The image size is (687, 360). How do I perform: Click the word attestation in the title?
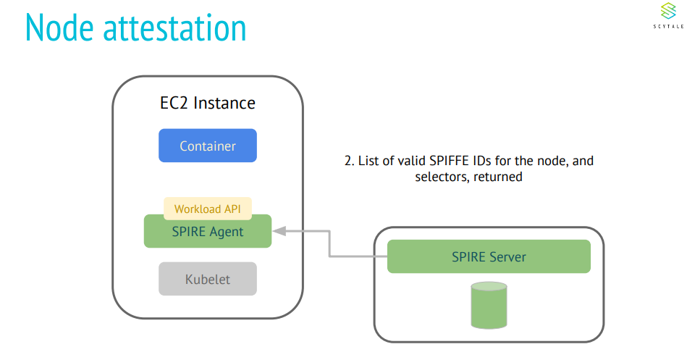click(174, 28)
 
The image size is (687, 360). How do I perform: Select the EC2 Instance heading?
click(208, 103)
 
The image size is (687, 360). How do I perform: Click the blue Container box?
click(208, 146)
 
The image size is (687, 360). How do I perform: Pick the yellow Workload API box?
click(208, 209)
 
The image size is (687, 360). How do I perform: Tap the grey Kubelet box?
click(208, 279)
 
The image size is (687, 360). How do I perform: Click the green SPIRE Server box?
click(489, 256)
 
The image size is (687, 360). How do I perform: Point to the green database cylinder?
click(489, 306)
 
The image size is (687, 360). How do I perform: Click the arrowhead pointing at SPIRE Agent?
click(278, 231)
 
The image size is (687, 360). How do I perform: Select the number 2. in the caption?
click(349, 161)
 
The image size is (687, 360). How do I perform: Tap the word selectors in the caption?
click(442, 177)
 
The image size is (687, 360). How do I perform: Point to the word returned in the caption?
click(498, 177)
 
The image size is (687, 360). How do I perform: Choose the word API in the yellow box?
click(232, 209)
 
